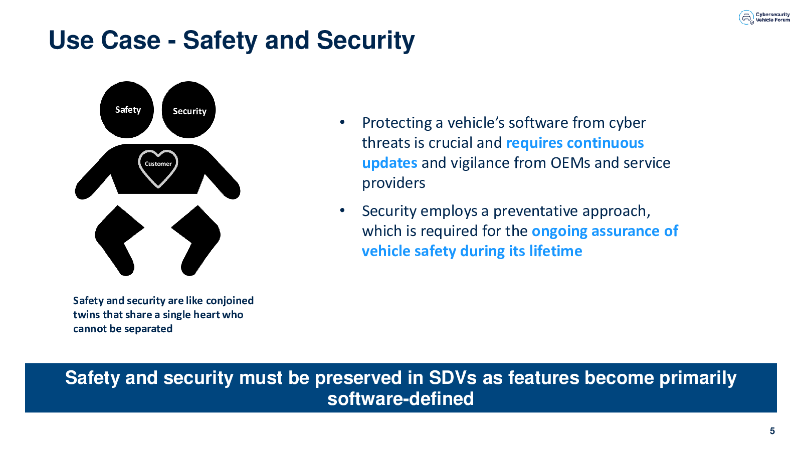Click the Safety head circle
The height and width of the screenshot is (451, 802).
click(x=127, y=110)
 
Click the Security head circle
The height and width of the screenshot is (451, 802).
click(x=188, y=110)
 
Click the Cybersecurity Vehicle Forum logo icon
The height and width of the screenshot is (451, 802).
click(x=746, y=17)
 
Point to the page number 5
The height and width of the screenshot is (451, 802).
click(x=772, y=431)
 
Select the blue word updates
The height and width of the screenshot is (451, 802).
click(x=389, y=163)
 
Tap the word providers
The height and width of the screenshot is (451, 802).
click(x=393, y=183)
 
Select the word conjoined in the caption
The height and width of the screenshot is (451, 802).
click(x=230, y=301)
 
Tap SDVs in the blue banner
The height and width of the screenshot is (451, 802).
click(x=453, y=378)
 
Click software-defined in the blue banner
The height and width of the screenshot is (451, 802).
click(x=400, y=399)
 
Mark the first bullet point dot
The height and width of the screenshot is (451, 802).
click(x=342, y=122)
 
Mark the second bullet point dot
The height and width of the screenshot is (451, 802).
click(x=342, y=210)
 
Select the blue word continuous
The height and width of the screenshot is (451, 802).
click(x=606, y=143)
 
